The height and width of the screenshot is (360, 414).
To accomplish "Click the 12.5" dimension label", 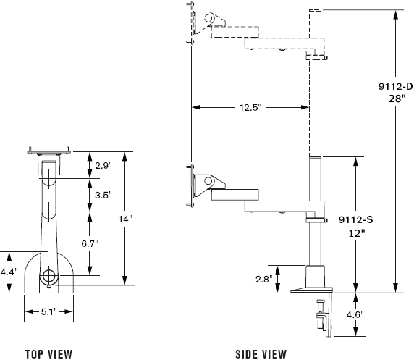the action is pyautogui.click(x=250, y=108).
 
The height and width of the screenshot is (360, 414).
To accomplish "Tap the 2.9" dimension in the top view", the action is pyautogui.click(x=103, y=166).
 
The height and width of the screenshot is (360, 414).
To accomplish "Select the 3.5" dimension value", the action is pyautogui.click(x=103, y=196).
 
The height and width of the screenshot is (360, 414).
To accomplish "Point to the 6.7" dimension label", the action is pyautogui.click(x=90, y=243).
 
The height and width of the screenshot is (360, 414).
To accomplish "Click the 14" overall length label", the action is pyautogui.click(x=125, y=219).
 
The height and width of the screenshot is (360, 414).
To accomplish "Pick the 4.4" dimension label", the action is pyautogui.click(x=9, y=272).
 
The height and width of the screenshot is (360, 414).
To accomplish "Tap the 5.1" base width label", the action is pyautogui.click(x=49, y=312).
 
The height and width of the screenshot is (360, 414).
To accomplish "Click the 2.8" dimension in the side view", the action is pyautogui.click(x=264, y=279).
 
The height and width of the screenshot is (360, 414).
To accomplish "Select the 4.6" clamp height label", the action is pyautogui.click(x=355, y=315).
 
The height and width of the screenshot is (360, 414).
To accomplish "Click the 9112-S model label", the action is pyautogui.click(x=356, y=219).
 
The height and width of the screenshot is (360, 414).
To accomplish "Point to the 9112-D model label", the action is pyautogui.click(x=395, y=86).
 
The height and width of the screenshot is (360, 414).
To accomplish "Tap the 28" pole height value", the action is pyautogui.click(x=397, y=99).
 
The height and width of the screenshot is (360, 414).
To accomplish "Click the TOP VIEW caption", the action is pyautogui.click(x=48, y=354).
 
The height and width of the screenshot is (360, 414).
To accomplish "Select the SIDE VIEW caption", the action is pyautogui.click(x=261, y=354).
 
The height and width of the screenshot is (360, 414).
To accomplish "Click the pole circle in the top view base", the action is pyautogui.click(x=48, y=276).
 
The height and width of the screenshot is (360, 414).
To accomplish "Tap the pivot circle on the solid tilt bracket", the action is pyautogui.click(x=208, y=181).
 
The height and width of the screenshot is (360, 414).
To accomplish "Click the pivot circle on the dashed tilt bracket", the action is pyautogui.click(x=208, y=18).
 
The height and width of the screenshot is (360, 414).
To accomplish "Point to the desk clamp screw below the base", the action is pyautogui.click(x=321, y=314).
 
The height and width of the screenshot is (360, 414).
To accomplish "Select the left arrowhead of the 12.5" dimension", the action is pyautogui.click(x=195, y=108).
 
